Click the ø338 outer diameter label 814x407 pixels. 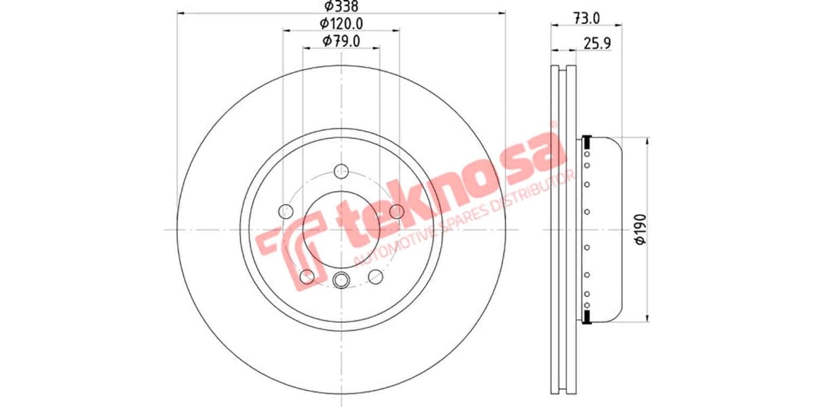tap(341, 6)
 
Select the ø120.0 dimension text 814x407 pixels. tap(341, 24)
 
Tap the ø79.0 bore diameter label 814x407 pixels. tap(341, 41)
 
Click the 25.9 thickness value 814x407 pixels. tap(598, 43)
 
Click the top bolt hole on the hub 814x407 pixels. tap(341, 171)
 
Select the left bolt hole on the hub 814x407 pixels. tap(286, 212)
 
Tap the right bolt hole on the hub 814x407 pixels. tap(397, 212)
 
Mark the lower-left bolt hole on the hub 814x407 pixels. tap(307, 276)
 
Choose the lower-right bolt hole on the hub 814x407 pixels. tap(375, 276)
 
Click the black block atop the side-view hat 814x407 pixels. tap(587, 142)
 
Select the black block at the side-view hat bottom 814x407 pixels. tap(587, 316)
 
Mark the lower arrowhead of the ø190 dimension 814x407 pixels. tap(649, 317)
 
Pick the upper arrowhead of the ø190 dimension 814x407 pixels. tap(649, 141)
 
